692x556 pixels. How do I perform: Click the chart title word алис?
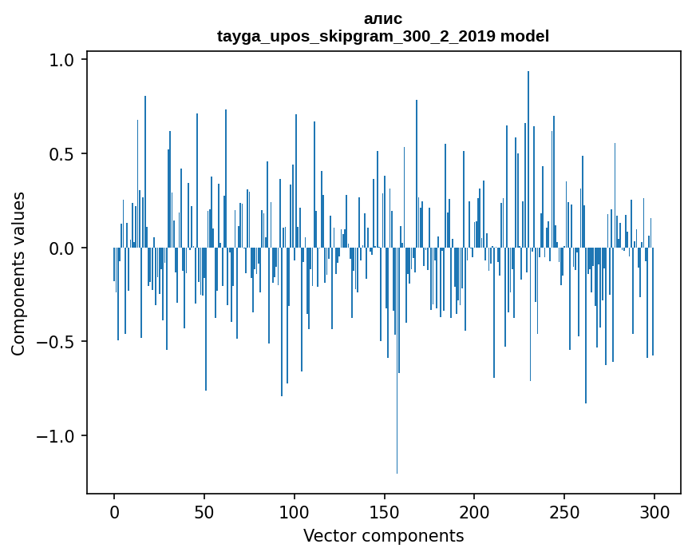(x=383, y=18)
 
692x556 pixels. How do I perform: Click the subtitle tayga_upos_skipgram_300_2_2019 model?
(x=383, y=36)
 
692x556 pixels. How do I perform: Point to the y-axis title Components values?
(x=18, y=273)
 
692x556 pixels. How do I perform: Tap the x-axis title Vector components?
(x=383, y=535)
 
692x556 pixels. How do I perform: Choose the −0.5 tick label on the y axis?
(x=57, y=342)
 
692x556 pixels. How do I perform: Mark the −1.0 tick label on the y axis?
(x=57, y=436)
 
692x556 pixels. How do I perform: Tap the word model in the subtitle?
(x=525, y=36)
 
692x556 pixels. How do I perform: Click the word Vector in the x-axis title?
(x=327, y=535)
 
